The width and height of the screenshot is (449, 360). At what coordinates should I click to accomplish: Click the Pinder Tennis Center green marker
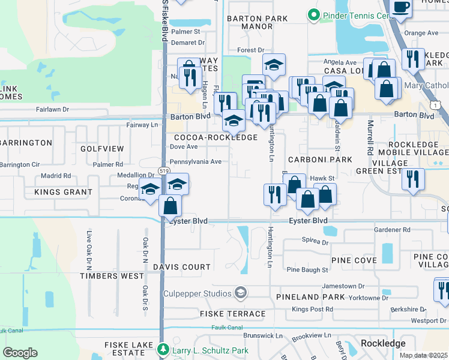click(x=313, y=14)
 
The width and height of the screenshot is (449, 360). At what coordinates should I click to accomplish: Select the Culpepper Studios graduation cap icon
click(x=241, y=293)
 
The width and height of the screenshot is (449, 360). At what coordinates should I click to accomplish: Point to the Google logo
click(x=20, y=353)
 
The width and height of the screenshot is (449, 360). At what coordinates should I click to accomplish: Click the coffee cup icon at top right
click(x=400, y=7)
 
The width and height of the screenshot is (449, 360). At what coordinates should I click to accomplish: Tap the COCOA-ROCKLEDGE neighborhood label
click(x=215, y=137)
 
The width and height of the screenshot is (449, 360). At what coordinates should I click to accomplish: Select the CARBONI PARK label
click(x=319, y=160)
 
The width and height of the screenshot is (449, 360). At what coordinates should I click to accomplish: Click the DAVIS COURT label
click(x=182, y=267)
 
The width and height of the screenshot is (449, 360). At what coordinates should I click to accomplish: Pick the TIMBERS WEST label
click(x=112, y=276)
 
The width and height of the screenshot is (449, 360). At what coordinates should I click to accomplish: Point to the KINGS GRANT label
click(x=63, y=193)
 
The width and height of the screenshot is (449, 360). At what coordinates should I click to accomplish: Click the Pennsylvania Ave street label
click(x=196, y=161)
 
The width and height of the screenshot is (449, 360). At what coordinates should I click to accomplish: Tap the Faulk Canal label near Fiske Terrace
click(x=227, y=328)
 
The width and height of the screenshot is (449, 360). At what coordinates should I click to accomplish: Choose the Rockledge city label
click(x=383, y=343)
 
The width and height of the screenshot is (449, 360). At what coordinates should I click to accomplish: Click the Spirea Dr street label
click(x=316, y=243)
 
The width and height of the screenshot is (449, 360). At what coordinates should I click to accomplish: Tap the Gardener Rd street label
click(x=391, y=230)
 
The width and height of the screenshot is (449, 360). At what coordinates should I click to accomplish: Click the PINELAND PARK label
click(x=310, y=297)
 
